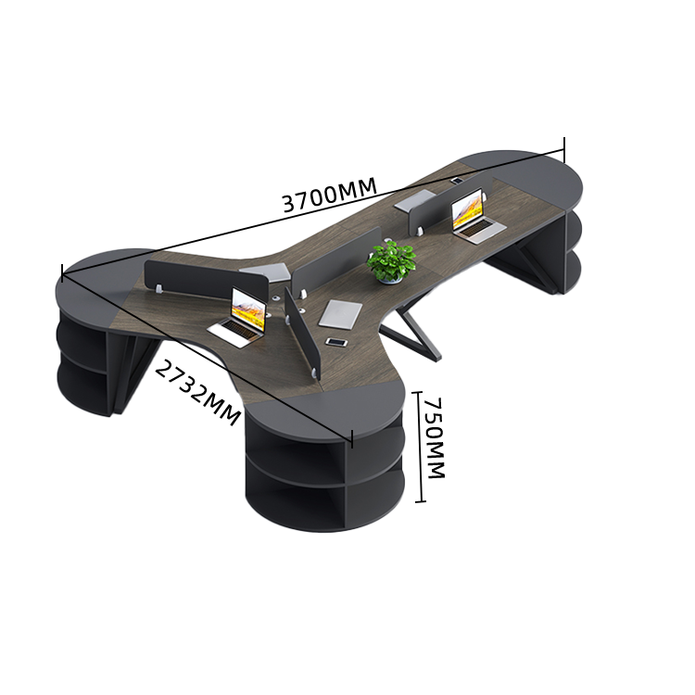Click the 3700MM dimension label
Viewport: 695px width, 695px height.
point(329,195)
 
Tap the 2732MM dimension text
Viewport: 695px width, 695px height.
point(197,393)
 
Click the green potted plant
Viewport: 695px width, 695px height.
point(392,261)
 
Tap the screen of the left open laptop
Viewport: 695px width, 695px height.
point(248,310)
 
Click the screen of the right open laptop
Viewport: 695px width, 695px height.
point(467,209)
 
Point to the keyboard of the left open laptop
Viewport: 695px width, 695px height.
point(234,333)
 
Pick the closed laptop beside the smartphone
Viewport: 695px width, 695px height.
point(340,314)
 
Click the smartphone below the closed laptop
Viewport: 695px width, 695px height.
point(337,342)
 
